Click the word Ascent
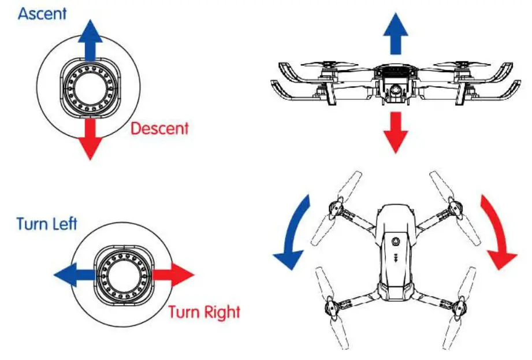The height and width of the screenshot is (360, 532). [42, 14]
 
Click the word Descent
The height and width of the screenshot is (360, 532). [159, 128]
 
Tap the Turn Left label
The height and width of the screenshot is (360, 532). [47, 224]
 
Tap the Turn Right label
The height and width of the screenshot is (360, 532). [204, 313]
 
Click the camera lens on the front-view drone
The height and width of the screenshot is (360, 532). [394, 90]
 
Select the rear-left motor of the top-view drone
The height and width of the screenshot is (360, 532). [329, 306]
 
